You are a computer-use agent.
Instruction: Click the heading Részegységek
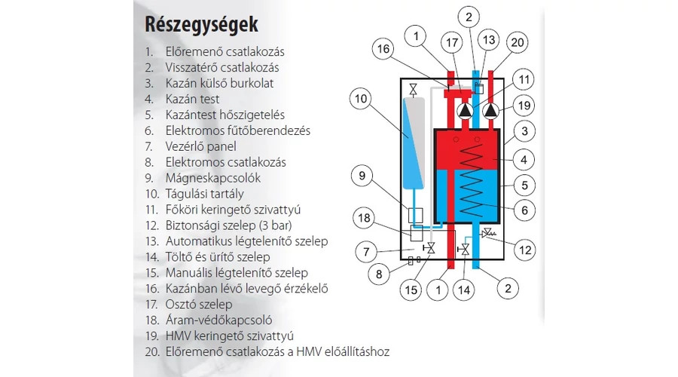point(201,24)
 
